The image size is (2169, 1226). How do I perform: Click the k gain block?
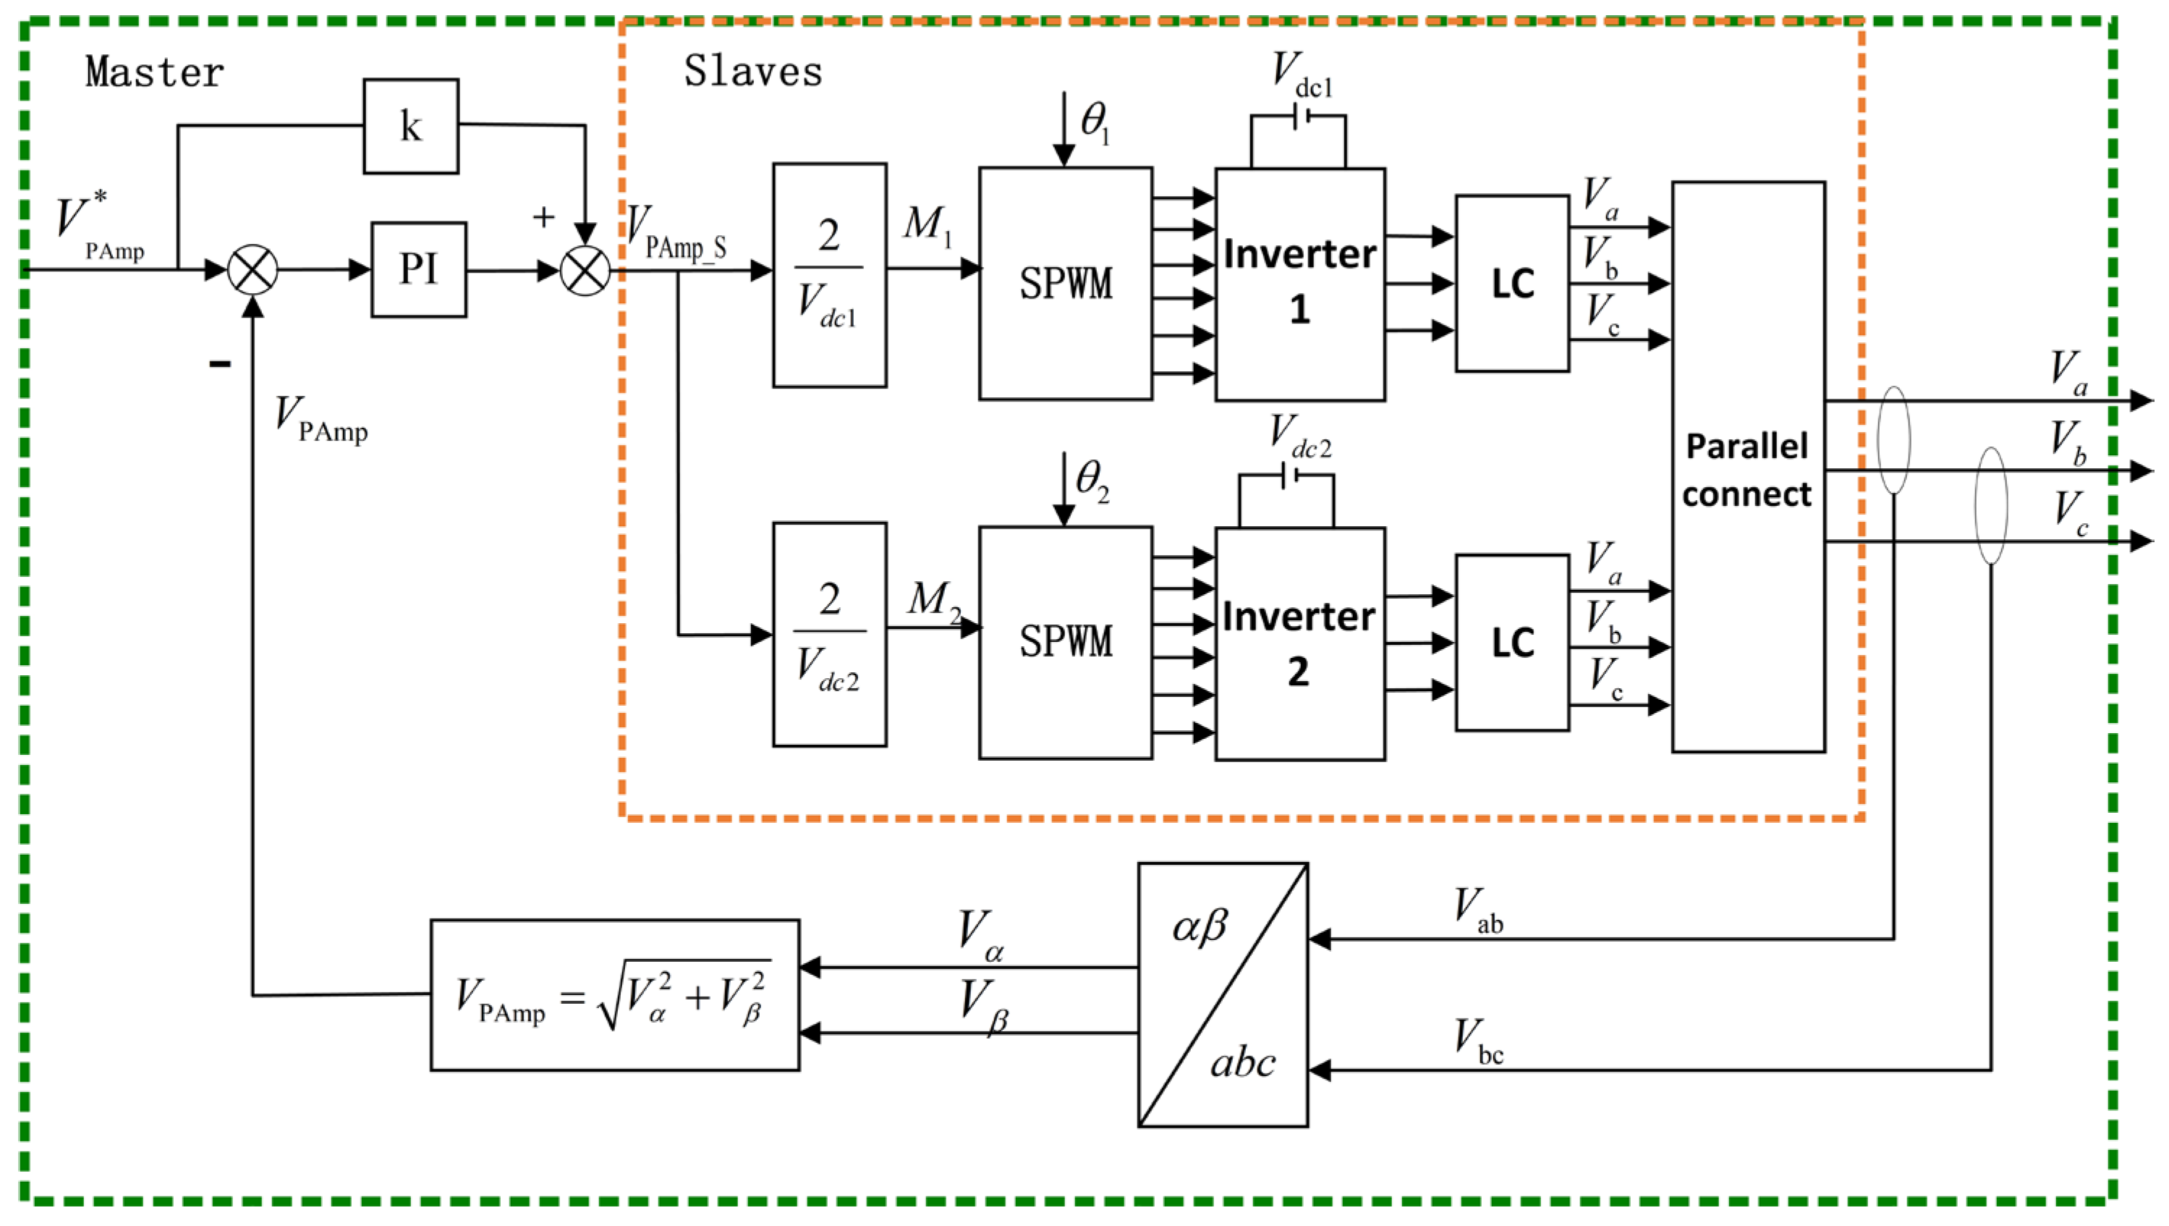pyautogui.click(x=410, y=127)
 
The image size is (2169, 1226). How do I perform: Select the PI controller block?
pyautogui.click(x=418, y=269)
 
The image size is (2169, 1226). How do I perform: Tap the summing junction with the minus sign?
pyautogui.click(x=252, y=270)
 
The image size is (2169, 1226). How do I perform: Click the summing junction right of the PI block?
pyautogui.click(x=585, y=270)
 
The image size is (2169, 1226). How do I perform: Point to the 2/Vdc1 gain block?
pyautogui.click(x=829, y=275)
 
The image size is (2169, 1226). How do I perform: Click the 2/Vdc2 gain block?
pyautogui.click(x=829, y=634)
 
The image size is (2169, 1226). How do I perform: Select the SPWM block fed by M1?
pyautogui.click(x=1065, y=283)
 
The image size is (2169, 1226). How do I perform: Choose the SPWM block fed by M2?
pyautogui.click(x=1065, y=643)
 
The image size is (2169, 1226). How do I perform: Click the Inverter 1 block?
pyautogui.click(x=1299, y=284)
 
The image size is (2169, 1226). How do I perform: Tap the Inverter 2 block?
pyautogui.click(x=1299, y=644)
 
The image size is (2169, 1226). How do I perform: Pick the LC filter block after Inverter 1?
pyautogui.click(x=1512, y=284)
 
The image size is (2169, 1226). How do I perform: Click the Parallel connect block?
pyautogui.click(x=1748, y=468)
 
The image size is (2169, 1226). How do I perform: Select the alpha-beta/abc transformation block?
pyautogui.click(x=1223, y=994)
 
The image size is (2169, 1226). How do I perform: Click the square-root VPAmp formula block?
pyautogui.click(x=615, y=995)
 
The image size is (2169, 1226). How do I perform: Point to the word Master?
pyautogui.click(x=155, y=72)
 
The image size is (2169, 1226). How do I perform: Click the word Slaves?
pyautogui.click(x=752, y=72)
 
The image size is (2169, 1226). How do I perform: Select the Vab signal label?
pyautogui.click(x=1479, y=911)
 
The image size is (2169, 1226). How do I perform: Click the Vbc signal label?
pyautogui.click(x=1479, y=1041)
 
